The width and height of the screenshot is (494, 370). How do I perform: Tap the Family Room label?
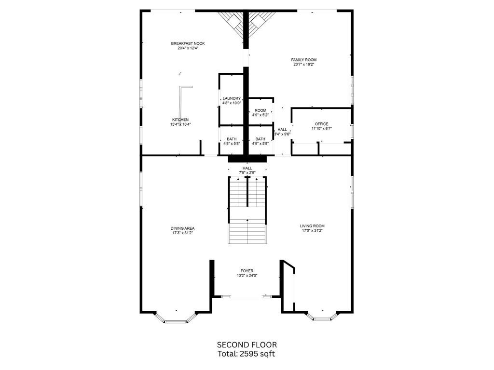point(304,60)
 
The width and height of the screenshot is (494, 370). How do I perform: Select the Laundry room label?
point(232,98)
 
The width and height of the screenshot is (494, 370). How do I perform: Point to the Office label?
point(321,124)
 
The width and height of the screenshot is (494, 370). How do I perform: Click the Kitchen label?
point(180,119)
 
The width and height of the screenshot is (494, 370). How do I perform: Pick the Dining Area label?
point(182,228)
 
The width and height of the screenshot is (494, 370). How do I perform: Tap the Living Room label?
point(312,226)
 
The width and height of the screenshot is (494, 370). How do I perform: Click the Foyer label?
point(247,271)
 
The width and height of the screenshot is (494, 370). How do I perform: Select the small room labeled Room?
point(260,110)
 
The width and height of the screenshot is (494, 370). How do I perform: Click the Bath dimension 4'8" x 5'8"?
point(232,143)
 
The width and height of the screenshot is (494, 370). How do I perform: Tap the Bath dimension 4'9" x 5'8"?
point(261,143)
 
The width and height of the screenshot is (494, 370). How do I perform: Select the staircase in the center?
point(247,211)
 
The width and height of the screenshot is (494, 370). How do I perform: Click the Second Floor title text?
point(247,344)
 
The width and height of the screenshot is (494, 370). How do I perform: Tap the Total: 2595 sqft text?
point(247,354)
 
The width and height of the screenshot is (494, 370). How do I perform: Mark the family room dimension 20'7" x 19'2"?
point(304,65)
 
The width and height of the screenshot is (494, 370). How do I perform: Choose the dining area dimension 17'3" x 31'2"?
point(182,233)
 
